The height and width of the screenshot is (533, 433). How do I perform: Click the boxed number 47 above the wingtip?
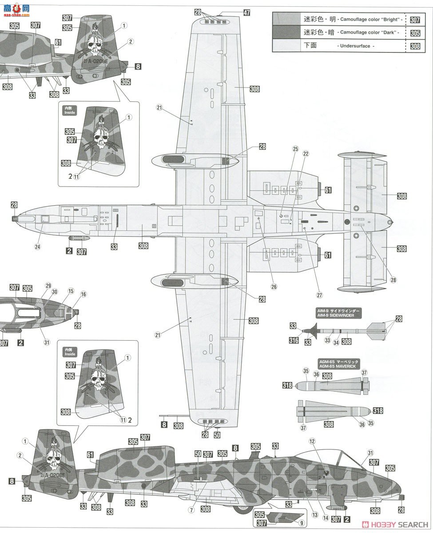[246, 13]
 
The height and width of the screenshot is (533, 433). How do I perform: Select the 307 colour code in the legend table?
[415, 20]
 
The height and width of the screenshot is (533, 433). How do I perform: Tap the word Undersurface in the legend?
[354, 46]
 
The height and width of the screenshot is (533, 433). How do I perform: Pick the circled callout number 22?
[306, 154]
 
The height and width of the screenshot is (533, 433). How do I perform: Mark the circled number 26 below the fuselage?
[274, 286]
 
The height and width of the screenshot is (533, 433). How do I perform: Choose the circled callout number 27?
[319, 295]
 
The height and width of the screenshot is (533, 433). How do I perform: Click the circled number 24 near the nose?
[37, 246]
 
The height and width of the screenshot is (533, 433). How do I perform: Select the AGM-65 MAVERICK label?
[338, 364]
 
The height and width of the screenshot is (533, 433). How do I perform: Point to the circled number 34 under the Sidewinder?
[337, 342]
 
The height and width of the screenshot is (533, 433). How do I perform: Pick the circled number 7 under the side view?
[191, 510]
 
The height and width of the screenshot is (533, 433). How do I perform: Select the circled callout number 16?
[83, 294]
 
